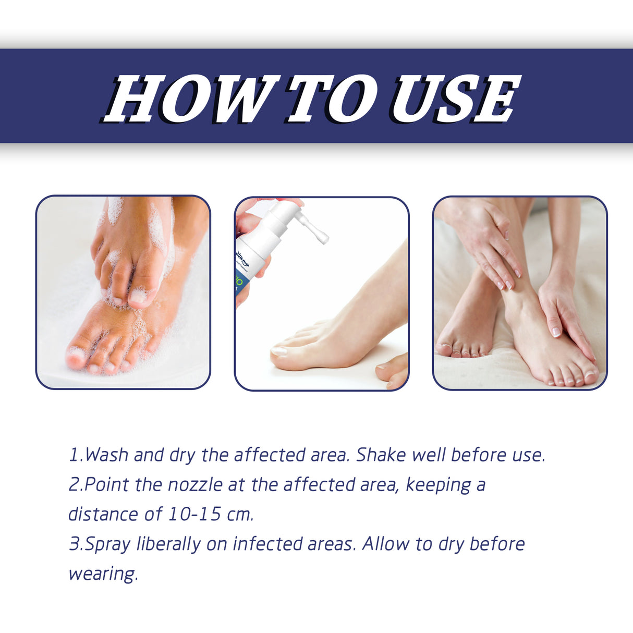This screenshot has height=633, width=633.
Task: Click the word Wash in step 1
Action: [x=106, y=455]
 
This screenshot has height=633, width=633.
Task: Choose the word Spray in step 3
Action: [x=107, y=544]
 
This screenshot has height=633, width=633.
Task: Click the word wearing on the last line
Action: [x=103, y=574]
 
